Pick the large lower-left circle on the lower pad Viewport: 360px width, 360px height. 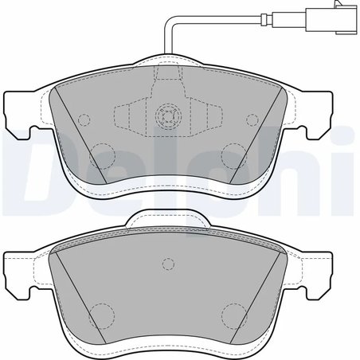coord(101,313)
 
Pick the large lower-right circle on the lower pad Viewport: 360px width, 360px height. coord(234,313)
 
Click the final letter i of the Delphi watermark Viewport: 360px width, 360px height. coord(348,171)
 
